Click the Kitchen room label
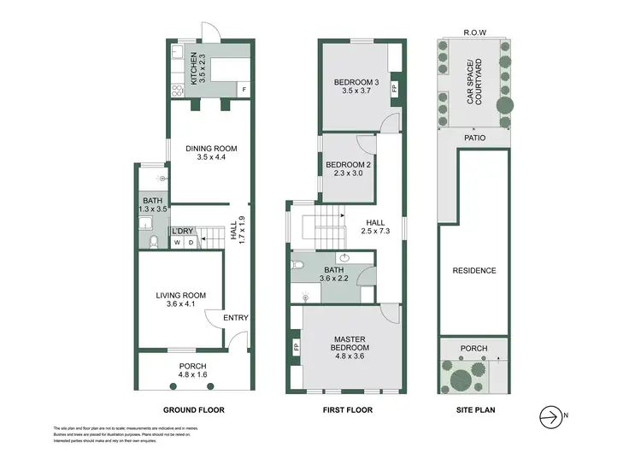(195, 66)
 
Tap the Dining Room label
(211, 153)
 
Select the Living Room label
(180, 301)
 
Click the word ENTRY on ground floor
(235, 318)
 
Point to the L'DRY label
(182, 232)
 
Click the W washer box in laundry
(178, 244)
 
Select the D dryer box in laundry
(191, 244)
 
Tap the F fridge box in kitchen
(244, 90)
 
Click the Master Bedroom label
(350, 344)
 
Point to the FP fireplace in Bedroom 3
(394, 88)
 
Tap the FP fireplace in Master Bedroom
(296, 348)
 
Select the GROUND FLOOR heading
(194, 410)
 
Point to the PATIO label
(475, 138)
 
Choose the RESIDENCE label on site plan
(473, 271)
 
